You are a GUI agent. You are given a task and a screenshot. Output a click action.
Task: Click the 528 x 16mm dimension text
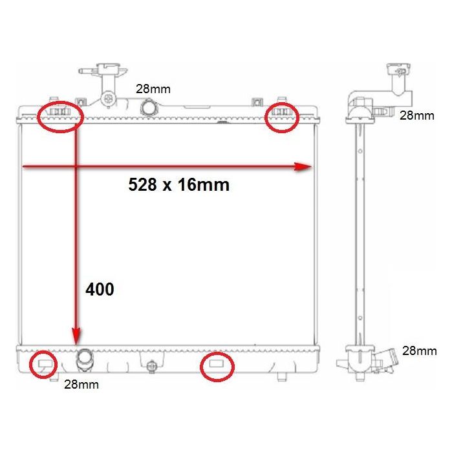pos(178,185)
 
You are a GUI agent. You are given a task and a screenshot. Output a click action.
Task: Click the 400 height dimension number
pos(100,289)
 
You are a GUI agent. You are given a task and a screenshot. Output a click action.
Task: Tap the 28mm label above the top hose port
pos(153,89)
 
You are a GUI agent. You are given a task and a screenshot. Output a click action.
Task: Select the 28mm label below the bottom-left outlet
pos(81,385)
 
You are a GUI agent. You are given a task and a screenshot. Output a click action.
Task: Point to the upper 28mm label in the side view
pos(417,116)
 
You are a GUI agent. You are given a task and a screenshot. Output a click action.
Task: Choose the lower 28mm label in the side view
pos(420,351)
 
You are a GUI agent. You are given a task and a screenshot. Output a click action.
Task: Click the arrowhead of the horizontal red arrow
pos(303,167)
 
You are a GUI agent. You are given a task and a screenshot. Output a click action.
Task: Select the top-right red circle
pos(282,103)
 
